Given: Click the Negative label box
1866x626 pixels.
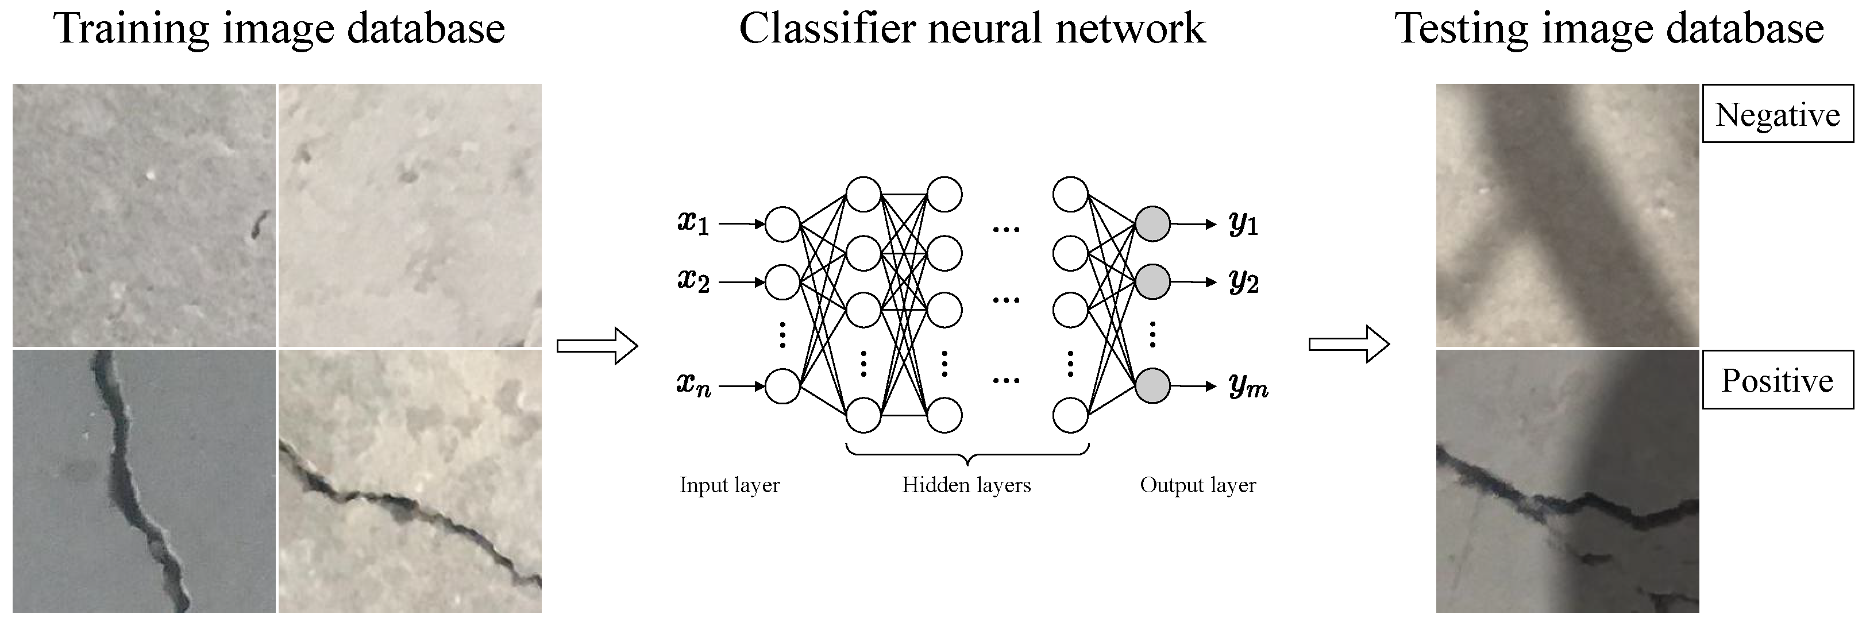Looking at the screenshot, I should [1777, 114].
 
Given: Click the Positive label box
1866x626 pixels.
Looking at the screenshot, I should [1777, 380].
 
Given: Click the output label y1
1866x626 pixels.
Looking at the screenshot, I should [1243, 224].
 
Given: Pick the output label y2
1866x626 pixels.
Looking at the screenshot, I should [1243, 282].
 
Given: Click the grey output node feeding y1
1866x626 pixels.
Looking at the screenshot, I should [1152, 224].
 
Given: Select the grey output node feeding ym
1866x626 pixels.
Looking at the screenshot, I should [1152, 385].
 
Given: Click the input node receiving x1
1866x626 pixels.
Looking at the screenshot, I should [782, 224].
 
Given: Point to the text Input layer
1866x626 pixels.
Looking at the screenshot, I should [730, 485].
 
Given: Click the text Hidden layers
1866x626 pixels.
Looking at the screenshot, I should [966, 485].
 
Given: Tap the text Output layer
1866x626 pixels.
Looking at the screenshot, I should [1197, 485].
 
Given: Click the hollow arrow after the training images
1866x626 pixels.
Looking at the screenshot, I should [597, 346].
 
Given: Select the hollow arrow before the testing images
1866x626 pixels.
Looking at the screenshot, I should [1349, 343].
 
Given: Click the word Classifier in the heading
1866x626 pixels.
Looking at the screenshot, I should [827, 29].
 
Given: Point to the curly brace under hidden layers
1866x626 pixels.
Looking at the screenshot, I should [967, 456].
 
